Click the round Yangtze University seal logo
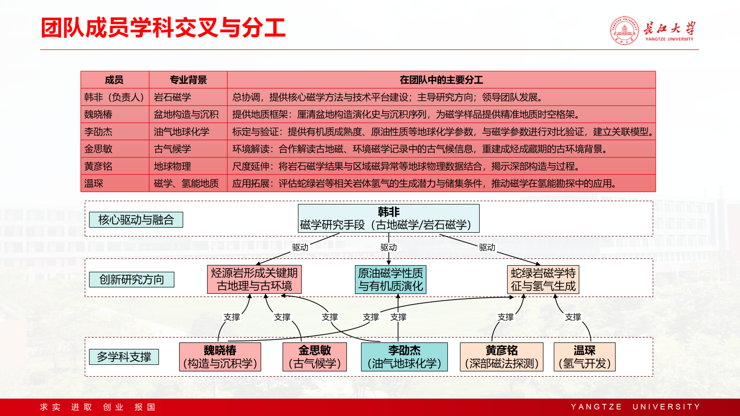click(624, 31)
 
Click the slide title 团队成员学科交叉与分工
click(163, 28)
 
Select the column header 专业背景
click(188, 80)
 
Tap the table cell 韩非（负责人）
click(115, 97)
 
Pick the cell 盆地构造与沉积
click(186, 114)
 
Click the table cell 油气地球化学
click(182, 132)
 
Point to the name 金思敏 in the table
click(98, 149)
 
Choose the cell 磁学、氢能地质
click(186, 183)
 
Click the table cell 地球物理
click(172, 166)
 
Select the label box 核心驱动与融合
click(136, 220)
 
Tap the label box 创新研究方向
click(132, 279)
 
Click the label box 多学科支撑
click(124, 357)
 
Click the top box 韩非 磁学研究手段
click(388, 218)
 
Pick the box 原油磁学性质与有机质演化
click(391, 279)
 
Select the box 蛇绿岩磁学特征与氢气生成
click(543, 279)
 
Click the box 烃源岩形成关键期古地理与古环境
click(254, 279)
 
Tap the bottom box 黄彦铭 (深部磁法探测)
click(502, 357)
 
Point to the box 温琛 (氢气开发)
click(584, 357)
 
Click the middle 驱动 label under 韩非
click(388, 247)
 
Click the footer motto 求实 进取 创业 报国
click(98, 407)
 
